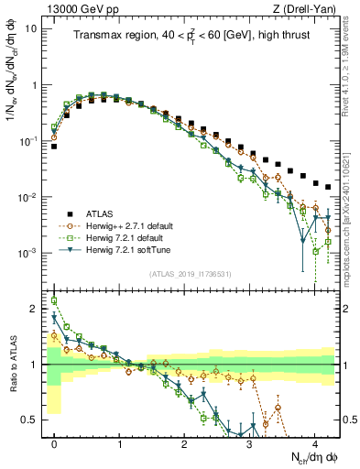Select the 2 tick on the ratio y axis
35,309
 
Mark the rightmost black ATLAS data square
328,187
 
